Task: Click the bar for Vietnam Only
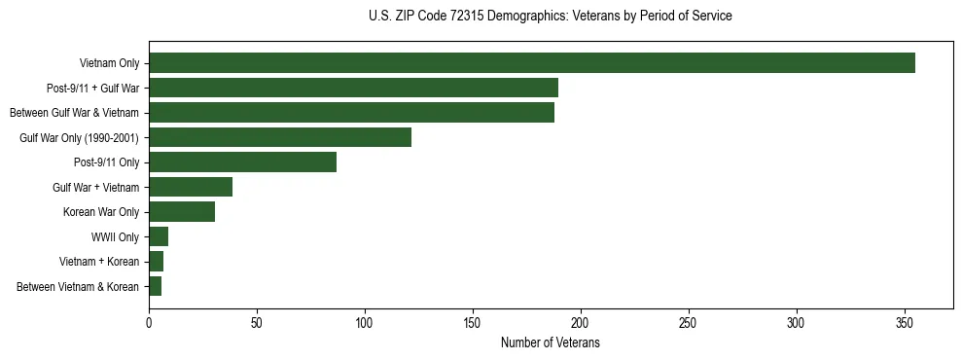coord(532,63)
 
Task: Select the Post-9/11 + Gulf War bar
coord(353,88)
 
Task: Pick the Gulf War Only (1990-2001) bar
coord(280,137)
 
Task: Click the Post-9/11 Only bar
coord(242,162)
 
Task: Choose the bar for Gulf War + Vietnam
coord(191,187)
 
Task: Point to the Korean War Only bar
coord(182,212)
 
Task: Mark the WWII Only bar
coord(159,236)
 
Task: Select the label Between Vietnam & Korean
coord(79,287)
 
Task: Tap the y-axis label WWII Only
coord(115,236)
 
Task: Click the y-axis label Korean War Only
coord(101,212)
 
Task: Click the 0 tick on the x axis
coord(149,322)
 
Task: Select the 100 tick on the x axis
coord(365,322)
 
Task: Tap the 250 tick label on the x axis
coord(689,322)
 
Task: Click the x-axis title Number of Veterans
coord(550,342)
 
